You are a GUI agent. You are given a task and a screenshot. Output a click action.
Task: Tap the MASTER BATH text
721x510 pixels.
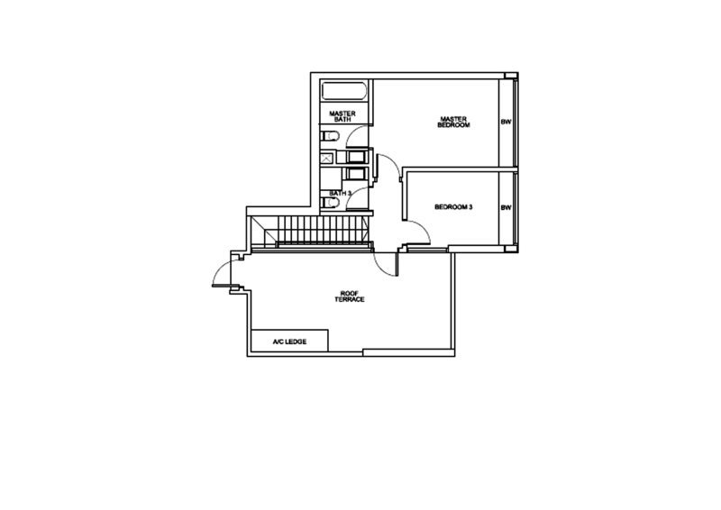[x=343, y=115]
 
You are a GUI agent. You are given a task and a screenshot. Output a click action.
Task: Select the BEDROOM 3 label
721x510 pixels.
[x=453, y=207]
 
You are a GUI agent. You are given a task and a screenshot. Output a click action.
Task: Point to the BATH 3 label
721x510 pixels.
[x=340, y=192]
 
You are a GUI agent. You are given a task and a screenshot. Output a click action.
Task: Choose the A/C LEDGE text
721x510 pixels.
[x=289, y=342]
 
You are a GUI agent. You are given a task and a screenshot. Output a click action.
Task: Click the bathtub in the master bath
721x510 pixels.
[x=343, y=92]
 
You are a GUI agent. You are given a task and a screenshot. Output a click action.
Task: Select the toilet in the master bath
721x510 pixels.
[x=332, y=137]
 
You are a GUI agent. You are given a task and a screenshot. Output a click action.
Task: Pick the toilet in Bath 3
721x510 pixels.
[x=332, y=203]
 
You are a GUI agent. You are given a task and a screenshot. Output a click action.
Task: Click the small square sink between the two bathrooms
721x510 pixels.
[x=325, y=159]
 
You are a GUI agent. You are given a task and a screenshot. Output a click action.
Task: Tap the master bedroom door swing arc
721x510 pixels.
[x=389, y=167]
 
